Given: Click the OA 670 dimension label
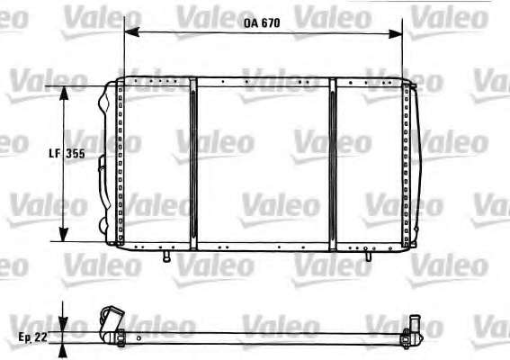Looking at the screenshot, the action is click(262, 23).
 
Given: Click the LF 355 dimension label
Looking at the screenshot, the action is click(67, 153).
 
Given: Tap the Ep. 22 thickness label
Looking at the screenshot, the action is click(32, 337).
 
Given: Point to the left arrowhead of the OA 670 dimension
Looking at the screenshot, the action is click(131, 31).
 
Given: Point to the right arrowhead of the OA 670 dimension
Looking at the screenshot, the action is click(395, 33).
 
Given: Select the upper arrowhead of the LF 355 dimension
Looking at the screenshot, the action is click(64, 94).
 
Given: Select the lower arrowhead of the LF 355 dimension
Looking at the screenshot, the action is click(64, 235).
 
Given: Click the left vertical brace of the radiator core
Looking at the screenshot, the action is click(193, 164).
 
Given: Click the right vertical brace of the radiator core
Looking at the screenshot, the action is click(333, 165).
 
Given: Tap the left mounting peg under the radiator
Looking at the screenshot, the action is click(167, 256).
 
